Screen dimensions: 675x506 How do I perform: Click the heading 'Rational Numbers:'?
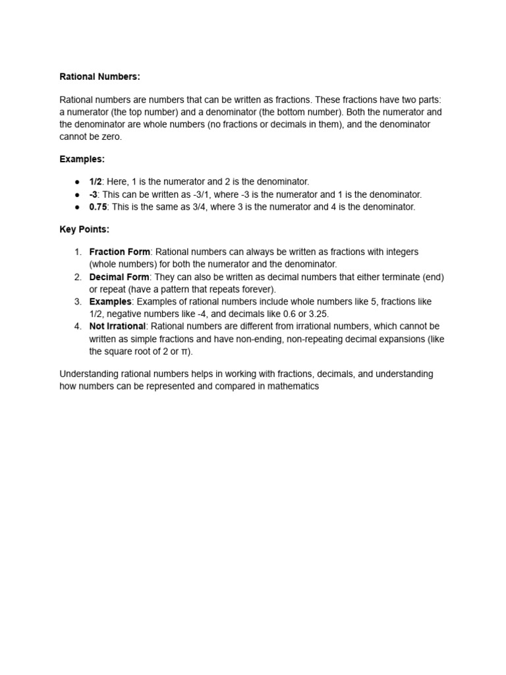[99, 76]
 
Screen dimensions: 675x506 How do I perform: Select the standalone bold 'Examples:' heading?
[82, 159]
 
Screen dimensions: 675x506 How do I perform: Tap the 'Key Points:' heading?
[84, 229]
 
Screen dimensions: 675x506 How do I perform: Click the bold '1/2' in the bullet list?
[96, 181]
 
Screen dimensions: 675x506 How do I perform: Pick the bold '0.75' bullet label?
[98, 206]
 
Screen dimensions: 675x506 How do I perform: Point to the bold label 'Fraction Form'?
[120, 252]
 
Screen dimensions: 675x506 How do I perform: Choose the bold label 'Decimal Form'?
[119, 277]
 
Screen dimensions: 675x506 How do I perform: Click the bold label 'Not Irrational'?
[117, 326]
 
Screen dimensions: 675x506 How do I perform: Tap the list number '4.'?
[78, 326]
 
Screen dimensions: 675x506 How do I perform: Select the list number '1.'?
[78, 252]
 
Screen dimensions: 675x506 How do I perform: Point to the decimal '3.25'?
[318, 314]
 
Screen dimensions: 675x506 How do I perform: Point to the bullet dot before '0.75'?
[77, 207]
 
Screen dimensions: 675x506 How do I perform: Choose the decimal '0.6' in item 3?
[291, 314]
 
